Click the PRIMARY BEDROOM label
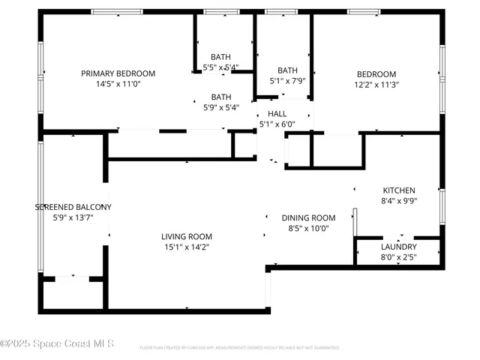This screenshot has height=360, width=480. click(118, 73)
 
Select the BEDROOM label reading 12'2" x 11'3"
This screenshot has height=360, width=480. click(376, 73)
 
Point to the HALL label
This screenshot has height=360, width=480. click(277, 113)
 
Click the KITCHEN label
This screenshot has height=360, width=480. click(399, 190)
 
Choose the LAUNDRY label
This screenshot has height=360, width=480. click(398, 247)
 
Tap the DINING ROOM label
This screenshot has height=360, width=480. click(308, 217)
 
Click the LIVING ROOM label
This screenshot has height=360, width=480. click(187, 236)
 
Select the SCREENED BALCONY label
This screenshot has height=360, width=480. click(73, 207)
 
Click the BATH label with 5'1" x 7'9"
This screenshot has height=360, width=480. click(287, 70)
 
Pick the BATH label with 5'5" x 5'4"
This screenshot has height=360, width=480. click(220, 57)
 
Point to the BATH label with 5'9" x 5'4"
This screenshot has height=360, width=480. click(220, 97)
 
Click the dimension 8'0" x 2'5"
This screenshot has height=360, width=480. click(398, 257)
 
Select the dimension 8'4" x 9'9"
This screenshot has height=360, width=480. click(399, 201)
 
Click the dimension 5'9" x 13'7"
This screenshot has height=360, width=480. click(73, 217)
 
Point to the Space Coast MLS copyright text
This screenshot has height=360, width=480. click(57, 343)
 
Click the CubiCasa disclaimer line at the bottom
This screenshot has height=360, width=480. click(240, 348)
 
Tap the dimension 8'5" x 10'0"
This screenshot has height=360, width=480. click(308, 228)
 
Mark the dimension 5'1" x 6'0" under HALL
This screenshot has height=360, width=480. click(277, 124)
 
